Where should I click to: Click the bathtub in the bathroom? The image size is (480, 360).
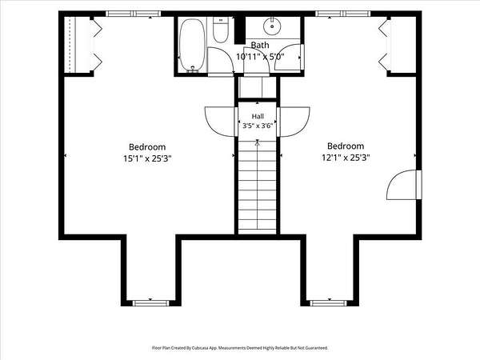192,46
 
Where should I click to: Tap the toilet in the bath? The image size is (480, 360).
221,30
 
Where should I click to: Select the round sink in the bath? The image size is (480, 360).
272,26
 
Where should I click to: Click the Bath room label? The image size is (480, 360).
260,45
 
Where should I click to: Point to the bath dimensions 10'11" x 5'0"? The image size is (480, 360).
260,57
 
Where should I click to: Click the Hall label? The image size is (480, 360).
258,116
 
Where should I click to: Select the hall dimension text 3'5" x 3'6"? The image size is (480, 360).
258,126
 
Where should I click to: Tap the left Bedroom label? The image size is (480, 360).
147,147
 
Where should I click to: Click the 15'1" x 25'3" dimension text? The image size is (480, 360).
147,158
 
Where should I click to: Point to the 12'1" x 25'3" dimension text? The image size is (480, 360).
346,158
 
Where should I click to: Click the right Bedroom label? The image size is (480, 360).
346,146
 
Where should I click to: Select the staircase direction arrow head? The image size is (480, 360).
258,142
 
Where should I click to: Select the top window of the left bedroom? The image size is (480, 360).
133,14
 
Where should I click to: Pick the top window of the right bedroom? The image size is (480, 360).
343,14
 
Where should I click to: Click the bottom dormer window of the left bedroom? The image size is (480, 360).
150,303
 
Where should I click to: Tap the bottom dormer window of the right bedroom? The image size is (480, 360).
328,303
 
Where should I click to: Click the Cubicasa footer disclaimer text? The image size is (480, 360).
240,348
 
